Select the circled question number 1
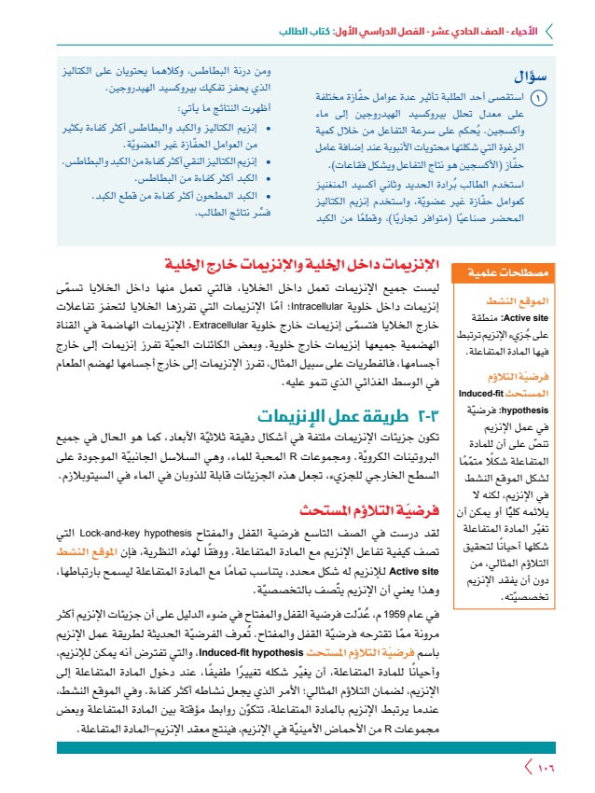point(538,97)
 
